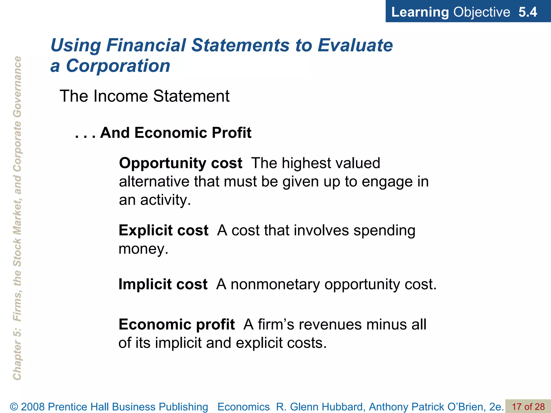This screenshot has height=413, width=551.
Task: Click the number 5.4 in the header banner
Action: [x=527, y=12]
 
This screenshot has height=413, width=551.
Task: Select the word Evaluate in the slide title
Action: [x=355, y=45]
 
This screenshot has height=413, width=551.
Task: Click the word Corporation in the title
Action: [x=118, y=66]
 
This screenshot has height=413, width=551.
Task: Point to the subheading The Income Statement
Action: [x=144, y=96]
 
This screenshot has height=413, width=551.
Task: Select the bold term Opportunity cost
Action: [x=181, y=163]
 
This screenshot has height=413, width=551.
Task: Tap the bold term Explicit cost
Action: [x=163, y=230]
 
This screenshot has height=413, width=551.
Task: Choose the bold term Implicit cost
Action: [x=163, y=284]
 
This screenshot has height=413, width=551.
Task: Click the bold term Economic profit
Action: [x=176, y=325]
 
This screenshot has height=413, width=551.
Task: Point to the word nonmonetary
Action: [x=275, y=284]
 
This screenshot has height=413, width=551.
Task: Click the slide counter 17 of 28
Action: [x=528, y=407]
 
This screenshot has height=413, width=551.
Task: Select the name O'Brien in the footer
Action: [x=466, y=407]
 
